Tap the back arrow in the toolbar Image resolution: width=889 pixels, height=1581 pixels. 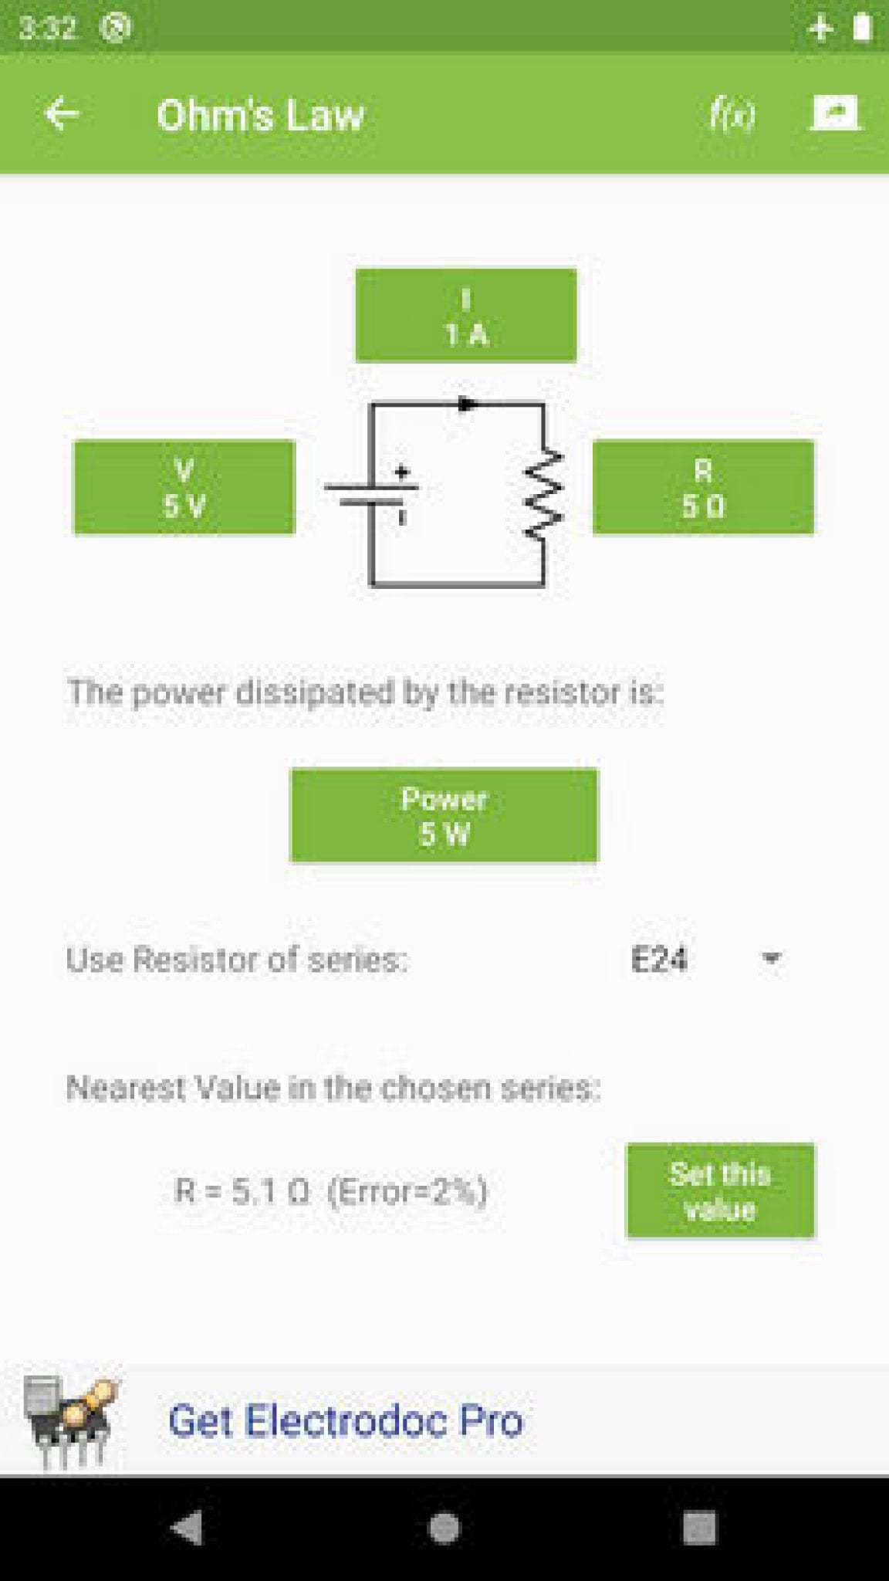point(62,114)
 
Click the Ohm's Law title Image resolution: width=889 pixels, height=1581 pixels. point(260,116)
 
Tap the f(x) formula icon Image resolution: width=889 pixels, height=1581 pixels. point(732,116)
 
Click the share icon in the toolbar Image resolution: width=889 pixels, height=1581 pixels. point(835,113)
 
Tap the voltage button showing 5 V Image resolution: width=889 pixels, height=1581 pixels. point(184,487)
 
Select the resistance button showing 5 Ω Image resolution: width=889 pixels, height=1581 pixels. point(703,487)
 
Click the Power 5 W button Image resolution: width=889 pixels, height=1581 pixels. point(444,815)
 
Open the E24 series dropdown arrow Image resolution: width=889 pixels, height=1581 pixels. point(770,959)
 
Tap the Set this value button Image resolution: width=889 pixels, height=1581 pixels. point(720,1190)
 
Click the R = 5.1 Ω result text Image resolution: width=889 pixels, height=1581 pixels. point(331,1191)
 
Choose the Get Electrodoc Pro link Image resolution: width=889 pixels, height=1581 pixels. point(346,1420)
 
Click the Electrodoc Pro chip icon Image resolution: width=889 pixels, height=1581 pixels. point(70,1420)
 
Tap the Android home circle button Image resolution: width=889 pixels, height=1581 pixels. point(444,1528)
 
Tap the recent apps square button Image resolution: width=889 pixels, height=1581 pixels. point(700,1528)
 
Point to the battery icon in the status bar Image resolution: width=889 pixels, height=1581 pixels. point(862,27)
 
